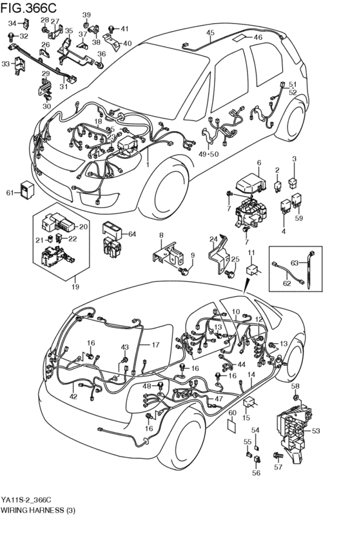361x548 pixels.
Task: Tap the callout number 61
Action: (10, 193)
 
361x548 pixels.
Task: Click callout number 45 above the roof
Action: (210, 32)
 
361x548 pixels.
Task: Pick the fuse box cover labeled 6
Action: (248, 181)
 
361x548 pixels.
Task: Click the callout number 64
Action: (132, 233)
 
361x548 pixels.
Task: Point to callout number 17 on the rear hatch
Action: (155, 345)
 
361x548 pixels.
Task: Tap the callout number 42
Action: (73, 397)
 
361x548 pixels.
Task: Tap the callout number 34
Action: (12, 24)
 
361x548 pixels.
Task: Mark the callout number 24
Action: (213, 239)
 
